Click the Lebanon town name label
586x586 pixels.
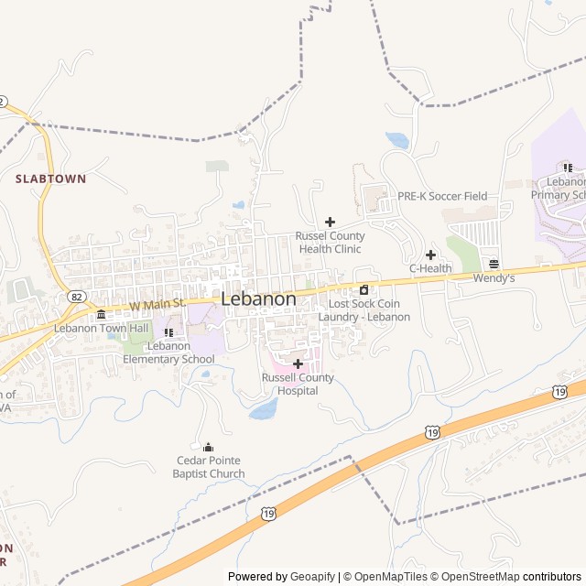258,299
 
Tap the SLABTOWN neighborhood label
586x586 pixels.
50,179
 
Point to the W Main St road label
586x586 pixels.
157,303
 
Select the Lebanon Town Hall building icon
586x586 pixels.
101,315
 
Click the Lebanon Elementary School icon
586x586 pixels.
168,332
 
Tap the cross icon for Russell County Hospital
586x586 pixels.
298,364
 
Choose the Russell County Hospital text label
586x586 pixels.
298,384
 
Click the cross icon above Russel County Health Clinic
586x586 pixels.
330,222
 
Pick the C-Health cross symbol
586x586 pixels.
430,255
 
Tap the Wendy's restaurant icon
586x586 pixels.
494,264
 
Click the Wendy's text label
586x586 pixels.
494,277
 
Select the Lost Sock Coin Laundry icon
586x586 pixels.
364,290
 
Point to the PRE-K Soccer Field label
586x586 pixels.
441,196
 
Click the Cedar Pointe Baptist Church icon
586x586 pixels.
208,447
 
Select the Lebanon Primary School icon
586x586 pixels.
568,168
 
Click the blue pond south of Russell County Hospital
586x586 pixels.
264,409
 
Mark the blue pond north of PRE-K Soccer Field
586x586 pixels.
397,140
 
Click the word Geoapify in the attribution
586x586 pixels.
313,577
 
